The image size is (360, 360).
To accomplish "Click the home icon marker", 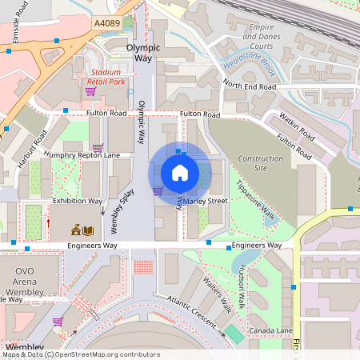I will [180, 172].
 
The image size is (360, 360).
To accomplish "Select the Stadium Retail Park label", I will [107, 77].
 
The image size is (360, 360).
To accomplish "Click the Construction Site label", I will [261, 163].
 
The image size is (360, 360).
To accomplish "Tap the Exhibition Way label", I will [77, 201].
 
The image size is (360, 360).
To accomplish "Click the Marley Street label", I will [206, 202].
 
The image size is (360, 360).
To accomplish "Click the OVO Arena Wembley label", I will [25, 282].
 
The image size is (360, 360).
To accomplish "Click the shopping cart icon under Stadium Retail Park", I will [90, 91].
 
